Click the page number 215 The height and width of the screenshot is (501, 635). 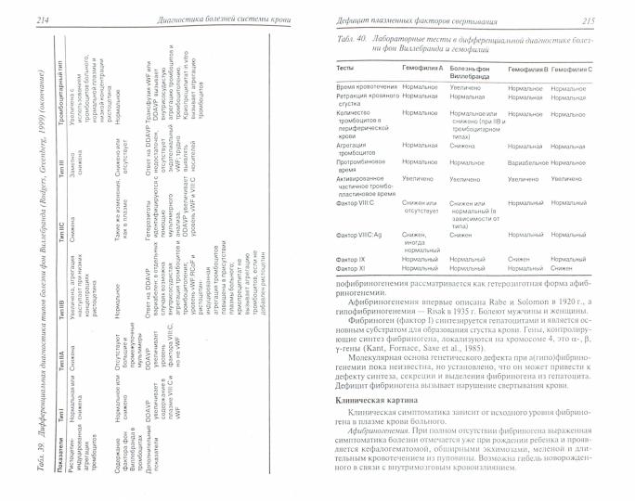611,21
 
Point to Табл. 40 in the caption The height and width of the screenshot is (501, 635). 352,45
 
